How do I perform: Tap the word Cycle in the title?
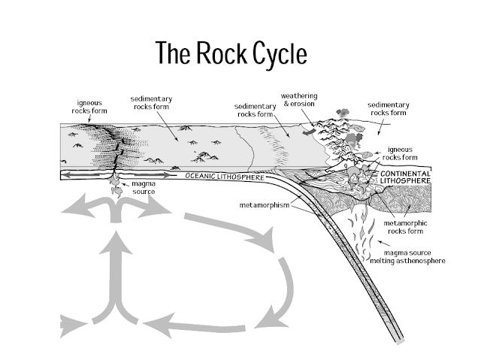pyautogui.click(x=286, y=52)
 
